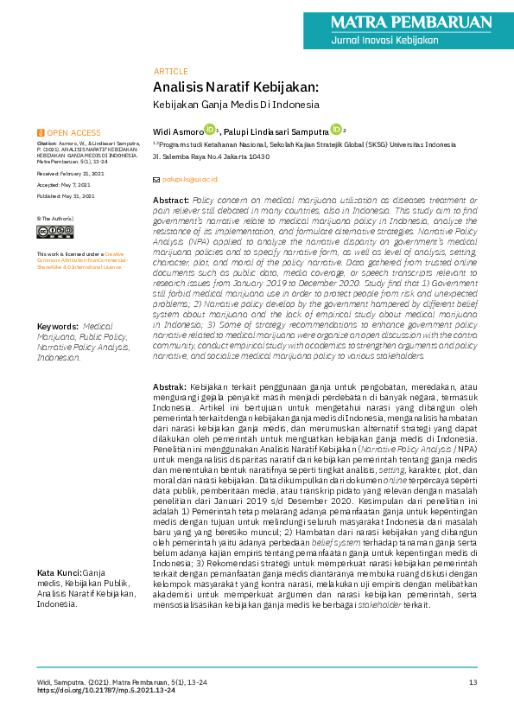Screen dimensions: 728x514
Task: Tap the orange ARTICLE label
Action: [170, 71]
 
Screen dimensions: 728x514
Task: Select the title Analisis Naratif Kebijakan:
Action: [236, 87]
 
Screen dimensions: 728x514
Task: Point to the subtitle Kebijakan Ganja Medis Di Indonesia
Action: [236, 105]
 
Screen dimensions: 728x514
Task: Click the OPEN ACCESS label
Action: [73, 132]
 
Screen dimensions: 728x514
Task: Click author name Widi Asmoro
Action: [177, 131]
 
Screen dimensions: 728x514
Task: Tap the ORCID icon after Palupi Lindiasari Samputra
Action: [336, 129]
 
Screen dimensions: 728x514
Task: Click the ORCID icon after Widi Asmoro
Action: [209, 129]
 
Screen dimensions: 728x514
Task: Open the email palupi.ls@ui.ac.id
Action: [190, 179]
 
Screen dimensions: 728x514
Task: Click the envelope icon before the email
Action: [156, 179]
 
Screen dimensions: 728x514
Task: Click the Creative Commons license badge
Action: [60, 232]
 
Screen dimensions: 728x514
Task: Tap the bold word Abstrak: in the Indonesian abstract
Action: [169, 386]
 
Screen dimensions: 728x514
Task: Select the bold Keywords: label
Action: [58, 351]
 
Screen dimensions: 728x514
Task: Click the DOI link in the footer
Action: [106, 691]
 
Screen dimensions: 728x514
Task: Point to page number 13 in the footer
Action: [473, 683]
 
